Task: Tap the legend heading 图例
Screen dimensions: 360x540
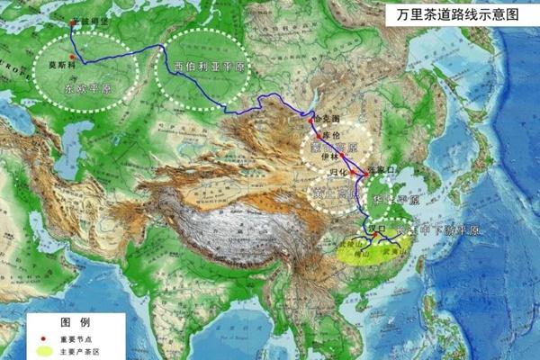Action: (x=72, y=321)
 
